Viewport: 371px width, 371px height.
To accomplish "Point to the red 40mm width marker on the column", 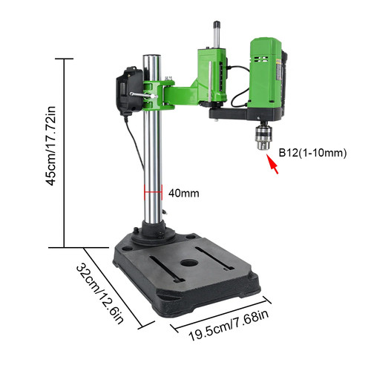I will tap(153, 193).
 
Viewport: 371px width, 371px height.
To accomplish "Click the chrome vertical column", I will tap(153, 163).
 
